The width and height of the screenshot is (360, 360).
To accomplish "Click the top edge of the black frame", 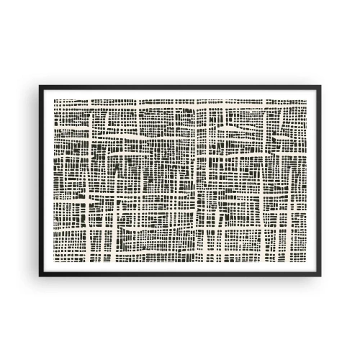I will [180, 88].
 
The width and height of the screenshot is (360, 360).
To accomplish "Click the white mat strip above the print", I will [180, 94].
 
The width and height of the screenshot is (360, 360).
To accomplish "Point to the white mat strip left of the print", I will [48, 180].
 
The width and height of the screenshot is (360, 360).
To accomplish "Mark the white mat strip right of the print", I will [312, 180].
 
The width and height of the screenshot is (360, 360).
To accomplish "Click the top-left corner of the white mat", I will [44, 90].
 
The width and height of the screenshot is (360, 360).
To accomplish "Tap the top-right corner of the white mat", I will [316, 90].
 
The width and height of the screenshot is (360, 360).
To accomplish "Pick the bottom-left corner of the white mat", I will [44, 270].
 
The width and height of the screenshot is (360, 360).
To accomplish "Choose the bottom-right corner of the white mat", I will [316, 270].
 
